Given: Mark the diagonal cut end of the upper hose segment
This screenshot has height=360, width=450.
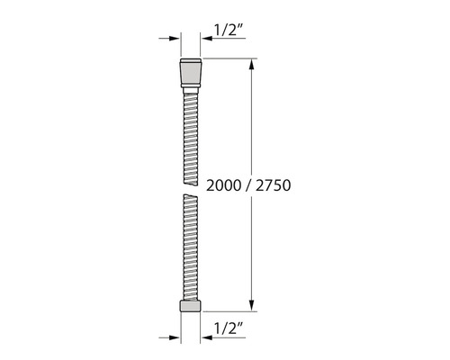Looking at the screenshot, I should point(189,167).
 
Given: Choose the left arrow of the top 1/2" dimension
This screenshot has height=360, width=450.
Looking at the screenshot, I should point(172,39).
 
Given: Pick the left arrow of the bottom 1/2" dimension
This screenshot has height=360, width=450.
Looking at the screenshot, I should point(172,337).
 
